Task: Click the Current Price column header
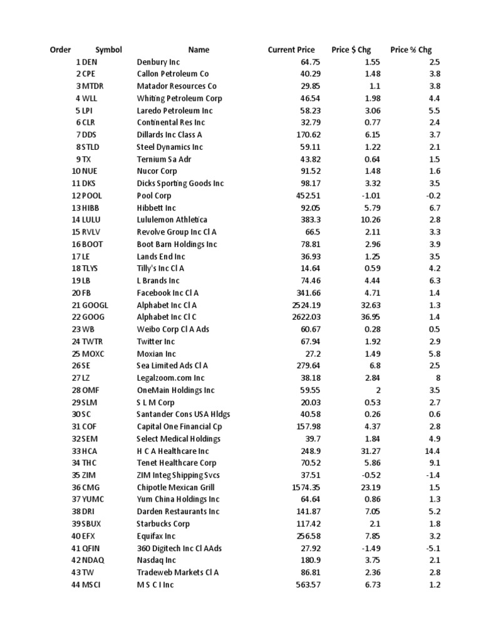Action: tap(291, 50)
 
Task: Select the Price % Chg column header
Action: tap(411, 50)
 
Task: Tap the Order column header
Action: tap(60, 50)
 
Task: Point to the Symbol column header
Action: tap(108, 50)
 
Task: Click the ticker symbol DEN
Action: tap(90, 62)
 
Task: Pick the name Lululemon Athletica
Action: tap(172, 220)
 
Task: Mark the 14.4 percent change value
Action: tap(432, 451)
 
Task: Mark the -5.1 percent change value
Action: tap(433, 548)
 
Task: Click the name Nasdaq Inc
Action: tap(157, 560)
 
